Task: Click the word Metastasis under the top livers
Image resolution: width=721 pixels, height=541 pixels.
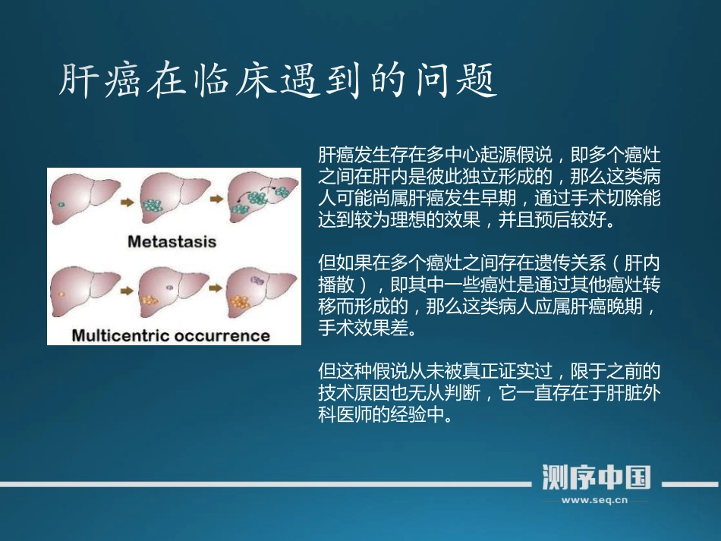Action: coord(172,242)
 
